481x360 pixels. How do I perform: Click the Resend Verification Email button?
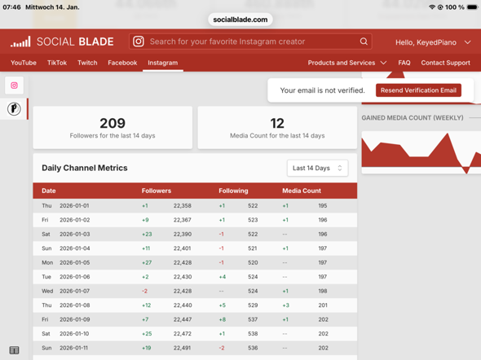418,90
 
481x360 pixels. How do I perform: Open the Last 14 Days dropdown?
317,168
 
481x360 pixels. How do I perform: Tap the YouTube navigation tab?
24,63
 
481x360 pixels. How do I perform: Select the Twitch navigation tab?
87,63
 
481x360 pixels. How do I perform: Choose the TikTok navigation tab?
57,63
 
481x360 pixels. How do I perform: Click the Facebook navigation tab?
122,63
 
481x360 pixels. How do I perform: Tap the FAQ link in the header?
404,63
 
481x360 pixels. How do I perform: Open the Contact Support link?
445,63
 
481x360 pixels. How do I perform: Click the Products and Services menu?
347,63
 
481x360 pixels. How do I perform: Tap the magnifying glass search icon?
364,42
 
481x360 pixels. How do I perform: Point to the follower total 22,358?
183,205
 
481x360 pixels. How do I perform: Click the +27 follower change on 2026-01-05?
147,262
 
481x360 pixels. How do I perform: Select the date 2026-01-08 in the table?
74,305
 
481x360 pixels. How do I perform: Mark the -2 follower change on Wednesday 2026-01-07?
144,291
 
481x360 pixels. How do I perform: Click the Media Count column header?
302,191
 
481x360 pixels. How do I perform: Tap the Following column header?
233,191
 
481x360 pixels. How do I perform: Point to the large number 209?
113,123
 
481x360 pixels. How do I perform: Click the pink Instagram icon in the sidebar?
14,86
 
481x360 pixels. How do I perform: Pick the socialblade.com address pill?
240,20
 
